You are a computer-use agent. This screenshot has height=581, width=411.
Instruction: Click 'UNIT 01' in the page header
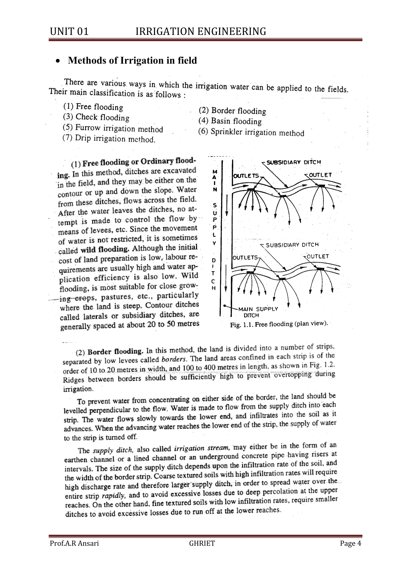69,32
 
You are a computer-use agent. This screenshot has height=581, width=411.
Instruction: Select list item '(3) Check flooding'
96,117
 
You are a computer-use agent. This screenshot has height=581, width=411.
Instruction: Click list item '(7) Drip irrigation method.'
109,139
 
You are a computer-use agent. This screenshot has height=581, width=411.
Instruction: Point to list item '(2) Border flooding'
232,111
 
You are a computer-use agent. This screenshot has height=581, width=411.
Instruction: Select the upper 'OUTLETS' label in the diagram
246,176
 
